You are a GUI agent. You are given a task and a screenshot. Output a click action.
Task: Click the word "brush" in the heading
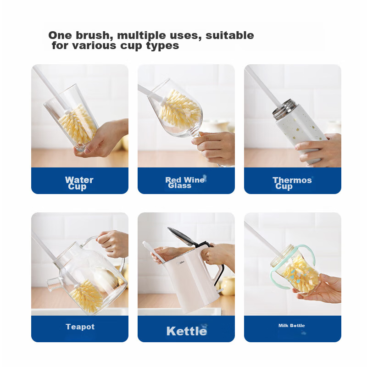(93, 35)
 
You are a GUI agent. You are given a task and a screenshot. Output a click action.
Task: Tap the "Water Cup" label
(79, 183)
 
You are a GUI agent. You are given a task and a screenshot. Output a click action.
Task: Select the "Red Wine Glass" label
(185, 183)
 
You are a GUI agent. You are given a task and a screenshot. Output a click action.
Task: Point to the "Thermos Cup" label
(292, 183)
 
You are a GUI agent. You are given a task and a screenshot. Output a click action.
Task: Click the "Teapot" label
(80, 327)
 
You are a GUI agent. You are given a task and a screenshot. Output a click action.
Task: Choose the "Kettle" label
(187, 331)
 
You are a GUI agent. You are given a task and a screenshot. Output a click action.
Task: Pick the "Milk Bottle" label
(292, 326)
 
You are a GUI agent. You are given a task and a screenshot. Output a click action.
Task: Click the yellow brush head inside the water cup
(77, 124)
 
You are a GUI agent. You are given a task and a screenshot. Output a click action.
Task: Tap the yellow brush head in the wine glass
(180, 109)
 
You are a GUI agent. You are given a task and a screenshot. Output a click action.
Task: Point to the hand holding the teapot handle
(113, 244)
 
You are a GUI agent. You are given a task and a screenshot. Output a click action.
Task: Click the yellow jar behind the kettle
(228, 285)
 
